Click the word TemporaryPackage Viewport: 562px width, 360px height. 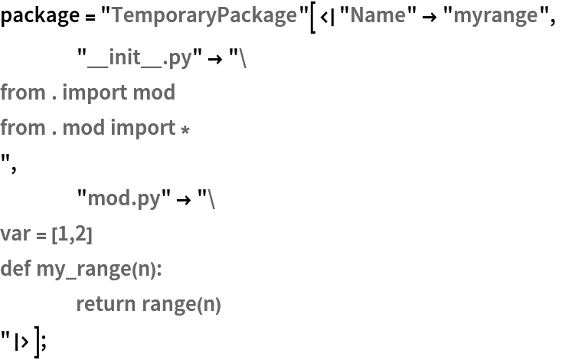pyautogui.click(x=204, y=15)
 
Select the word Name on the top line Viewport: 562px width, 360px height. pyautogui.click(x=377, y=15)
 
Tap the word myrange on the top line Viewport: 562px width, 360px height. pyautogui.click(x=495, y=15)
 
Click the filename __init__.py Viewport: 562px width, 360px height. pyautogui.click(x=139, y=58)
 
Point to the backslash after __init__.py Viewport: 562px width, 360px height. pyautogui.click(x=243, y=58)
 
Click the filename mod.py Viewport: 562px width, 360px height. pyautogui.click(x=124, y=199)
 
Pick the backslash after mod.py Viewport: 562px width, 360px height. pyautogui.click(x=211, y=199)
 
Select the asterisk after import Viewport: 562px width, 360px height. pyautogui.click(x=185, y=129)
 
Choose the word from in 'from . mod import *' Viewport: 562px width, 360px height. pyautogui.click(x=23, y=128)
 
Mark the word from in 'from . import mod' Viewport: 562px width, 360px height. pyautogui.click(x=23, y=93)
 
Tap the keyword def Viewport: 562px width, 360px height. pyautogui.click(x=15, y=270)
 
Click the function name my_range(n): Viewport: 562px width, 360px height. pyautogui.click(x=100, y=270)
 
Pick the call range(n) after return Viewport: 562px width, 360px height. pyautogui.click(x=181, y=305)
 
